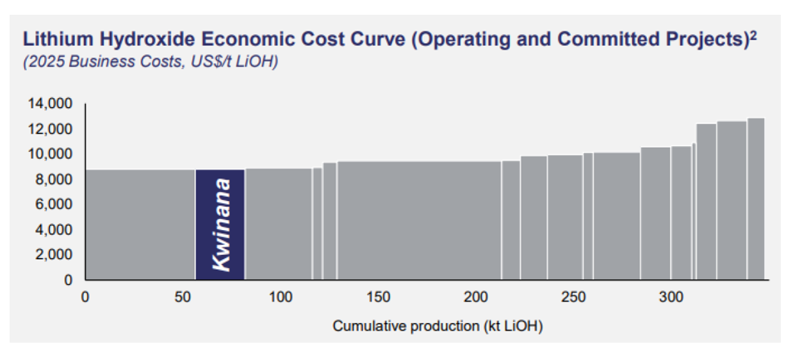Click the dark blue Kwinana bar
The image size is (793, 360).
(x=220, y=224)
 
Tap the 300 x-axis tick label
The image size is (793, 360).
(x=671, y=297)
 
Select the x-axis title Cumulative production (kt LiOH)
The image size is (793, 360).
(x=437, y=326)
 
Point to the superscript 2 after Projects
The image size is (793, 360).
(x=753, y=36)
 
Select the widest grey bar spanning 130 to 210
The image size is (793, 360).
(x=419, y=220)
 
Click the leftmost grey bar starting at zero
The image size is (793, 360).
(x=140, y=224)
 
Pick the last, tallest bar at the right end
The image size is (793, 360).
(x=756, y=199)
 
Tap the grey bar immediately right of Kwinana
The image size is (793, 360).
(x=278, y=224)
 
